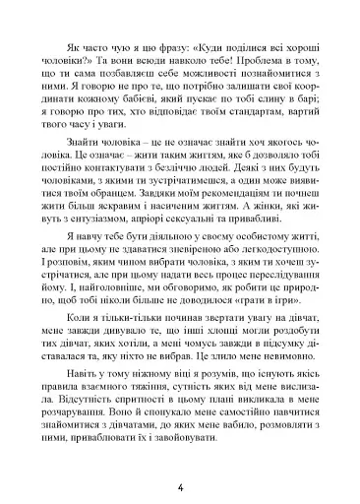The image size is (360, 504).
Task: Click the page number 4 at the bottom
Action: [x=180, y=460]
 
